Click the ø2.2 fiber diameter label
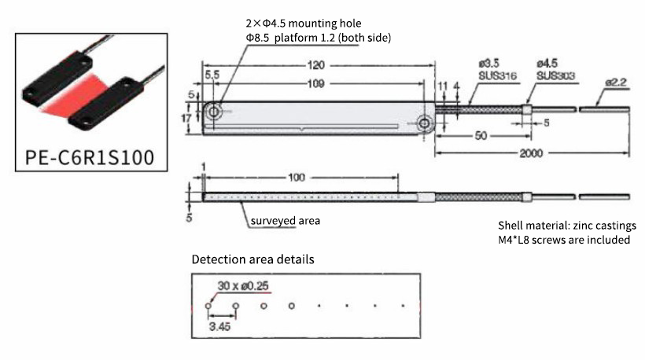point(616,81)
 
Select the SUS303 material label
point(556,76)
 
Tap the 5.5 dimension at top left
point(211,73)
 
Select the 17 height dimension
point(186,118)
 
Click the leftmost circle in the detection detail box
point(208,305)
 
